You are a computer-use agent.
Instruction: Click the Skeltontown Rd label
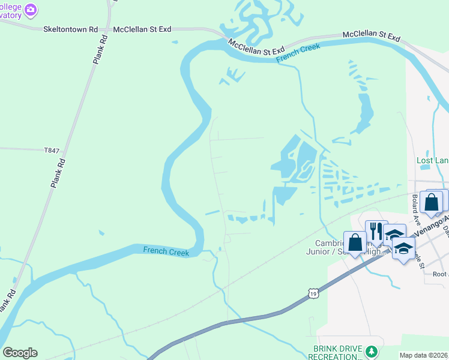(x=70, y=29)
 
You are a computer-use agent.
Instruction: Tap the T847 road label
(x=52, y=151)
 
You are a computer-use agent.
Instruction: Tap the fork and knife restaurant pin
(x=376, y=232)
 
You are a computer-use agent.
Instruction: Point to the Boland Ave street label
(x=415, y=205)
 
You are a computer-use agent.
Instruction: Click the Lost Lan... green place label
(x=432, y=160)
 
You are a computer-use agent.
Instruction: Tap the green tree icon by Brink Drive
(x=372, y=350)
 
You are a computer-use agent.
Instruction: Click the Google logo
(x=20, y=353)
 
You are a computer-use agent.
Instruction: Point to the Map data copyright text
(x=424, y=355)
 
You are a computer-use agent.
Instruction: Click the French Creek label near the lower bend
(x=166, y=252)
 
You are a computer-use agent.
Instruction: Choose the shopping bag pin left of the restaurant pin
(x=355, y=243)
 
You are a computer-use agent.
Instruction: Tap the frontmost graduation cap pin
(x=404, y=247)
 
